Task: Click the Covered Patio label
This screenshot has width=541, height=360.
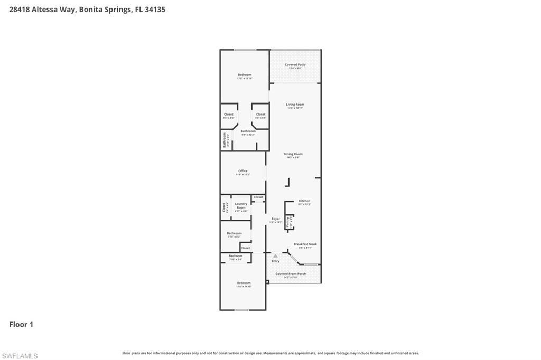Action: (x=295, y=65)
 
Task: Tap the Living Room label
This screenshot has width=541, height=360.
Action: (x=295, y=105)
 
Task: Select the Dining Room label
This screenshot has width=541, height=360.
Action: (x=293, y=154)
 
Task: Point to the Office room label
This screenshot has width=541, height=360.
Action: (x=242, y=171)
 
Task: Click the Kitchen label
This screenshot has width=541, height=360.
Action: (x=304, y=201)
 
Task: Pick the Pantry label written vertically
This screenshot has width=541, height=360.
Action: (x=288, y=222)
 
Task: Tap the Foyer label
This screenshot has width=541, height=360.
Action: (x=276, y=219)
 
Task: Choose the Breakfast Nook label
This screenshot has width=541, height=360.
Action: (x=305, y=244)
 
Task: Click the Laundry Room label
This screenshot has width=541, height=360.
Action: (x=241, y=205)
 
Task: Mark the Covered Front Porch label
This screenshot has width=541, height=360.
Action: (x=291, y=274)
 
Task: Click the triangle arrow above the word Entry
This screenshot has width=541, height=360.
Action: (x=275, y=256)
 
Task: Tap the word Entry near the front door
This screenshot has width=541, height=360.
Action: (x=275, y=261)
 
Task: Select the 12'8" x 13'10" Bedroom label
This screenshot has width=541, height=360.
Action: (x=245, y=75)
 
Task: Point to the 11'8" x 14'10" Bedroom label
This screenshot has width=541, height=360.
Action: (x=244, y=283)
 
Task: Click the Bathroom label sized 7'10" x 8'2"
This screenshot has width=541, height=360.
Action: (x=234, y=233)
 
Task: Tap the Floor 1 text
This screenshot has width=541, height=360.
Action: (x=21, y=325)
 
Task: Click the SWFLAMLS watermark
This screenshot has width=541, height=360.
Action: (x=20, y=356)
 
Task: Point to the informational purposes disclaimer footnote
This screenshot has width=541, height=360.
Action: (x=270, y=353)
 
